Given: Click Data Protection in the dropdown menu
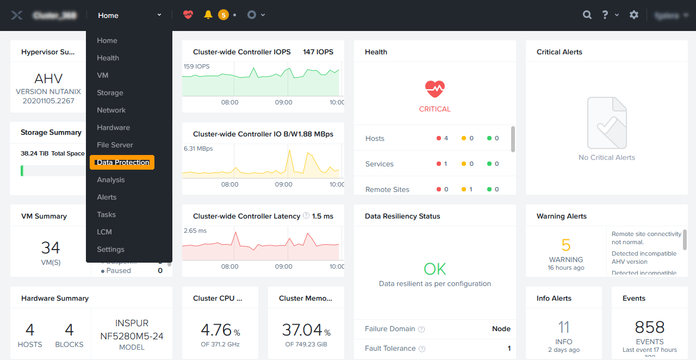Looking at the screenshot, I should (122, 162).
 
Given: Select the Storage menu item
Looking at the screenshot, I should (110, 92).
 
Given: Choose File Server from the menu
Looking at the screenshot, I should (115, 145).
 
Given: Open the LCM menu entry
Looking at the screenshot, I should (104, 232).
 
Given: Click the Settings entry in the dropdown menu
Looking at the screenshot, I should (110, 249).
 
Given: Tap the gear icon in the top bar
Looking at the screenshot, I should (634, 15).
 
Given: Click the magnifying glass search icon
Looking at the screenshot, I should (587, 15).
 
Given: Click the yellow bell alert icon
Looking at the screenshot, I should (208, 15).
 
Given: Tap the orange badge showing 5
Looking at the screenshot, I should (223, 15).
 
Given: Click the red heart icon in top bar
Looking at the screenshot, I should (188, 15).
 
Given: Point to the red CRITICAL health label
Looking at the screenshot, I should (435, 109).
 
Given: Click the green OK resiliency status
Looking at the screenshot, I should (435, 269).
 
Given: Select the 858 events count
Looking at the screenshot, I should (650, 327).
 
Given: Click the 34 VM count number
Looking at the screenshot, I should (51, 248).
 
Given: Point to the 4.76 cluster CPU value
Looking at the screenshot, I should (216, 330).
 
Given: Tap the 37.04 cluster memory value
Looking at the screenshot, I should (302, 330).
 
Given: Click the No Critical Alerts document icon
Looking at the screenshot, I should (607, 123).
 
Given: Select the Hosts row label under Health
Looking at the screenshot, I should (375, 138).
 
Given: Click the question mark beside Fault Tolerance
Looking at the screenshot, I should (422, 349).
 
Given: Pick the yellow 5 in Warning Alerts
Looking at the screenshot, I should (566, 245).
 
